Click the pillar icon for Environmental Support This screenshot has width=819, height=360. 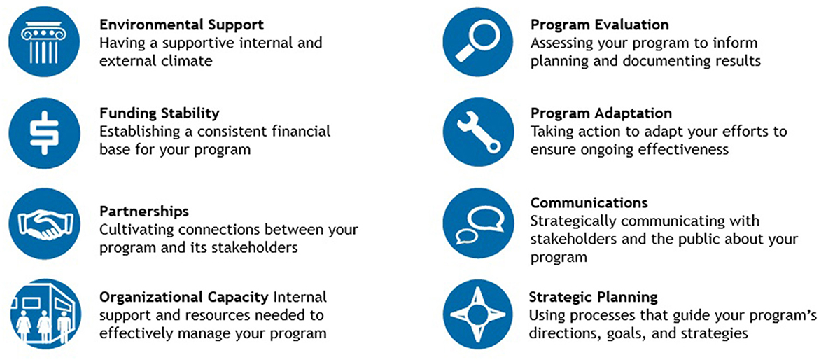click(x=44, y=42)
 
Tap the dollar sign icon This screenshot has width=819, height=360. click(x=45, y=132)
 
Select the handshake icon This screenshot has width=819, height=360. click(x=45, y=223)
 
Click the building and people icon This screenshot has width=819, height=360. click(x=45, y=314)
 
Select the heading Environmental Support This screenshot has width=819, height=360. click(x=181, y=25)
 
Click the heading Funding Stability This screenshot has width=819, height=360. click(x=160, y=113)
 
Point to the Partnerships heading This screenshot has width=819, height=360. click(x=144, y=212)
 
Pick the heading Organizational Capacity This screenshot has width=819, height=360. click(x=184, y=298)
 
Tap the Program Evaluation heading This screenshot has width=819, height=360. click(x=600, y=25)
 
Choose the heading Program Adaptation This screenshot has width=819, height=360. click(x=601, y=113)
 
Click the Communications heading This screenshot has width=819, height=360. click(x=589, y=202)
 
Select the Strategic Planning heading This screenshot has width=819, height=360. click(x=594, y=298)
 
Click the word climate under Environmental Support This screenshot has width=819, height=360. click(x=186, y=61)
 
